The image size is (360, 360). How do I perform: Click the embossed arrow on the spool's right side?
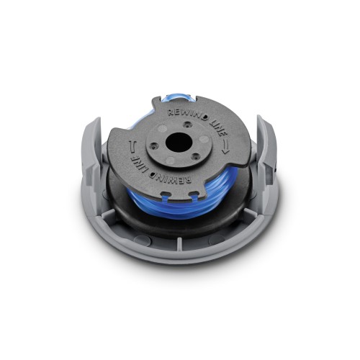pyautogui.click(x=225, y=148)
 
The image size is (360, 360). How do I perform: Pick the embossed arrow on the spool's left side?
pyautogui.click(x=132, y=147)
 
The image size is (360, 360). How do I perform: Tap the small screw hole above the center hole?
pyautogui.click(x=187, y=125)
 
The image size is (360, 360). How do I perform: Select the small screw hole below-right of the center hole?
pyautogui.click(x=196, y=156)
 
